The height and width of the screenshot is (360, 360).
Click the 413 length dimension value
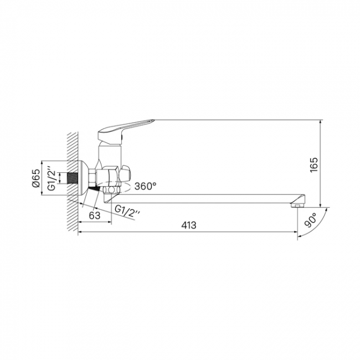tap(189, 225)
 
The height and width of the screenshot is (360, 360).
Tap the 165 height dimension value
tap(313, 164)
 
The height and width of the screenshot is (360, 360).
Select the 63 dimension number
tap(95, 215)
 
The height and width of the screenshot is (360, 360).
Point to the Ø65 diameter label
tap(36, 178)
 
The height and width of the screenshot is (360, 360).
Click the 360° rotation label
tap(145, 186)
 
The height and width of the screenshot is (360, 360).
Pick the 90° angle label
tap(310, 220)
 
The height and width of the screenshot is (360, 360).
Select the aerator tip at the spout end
tap(296, 205)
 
